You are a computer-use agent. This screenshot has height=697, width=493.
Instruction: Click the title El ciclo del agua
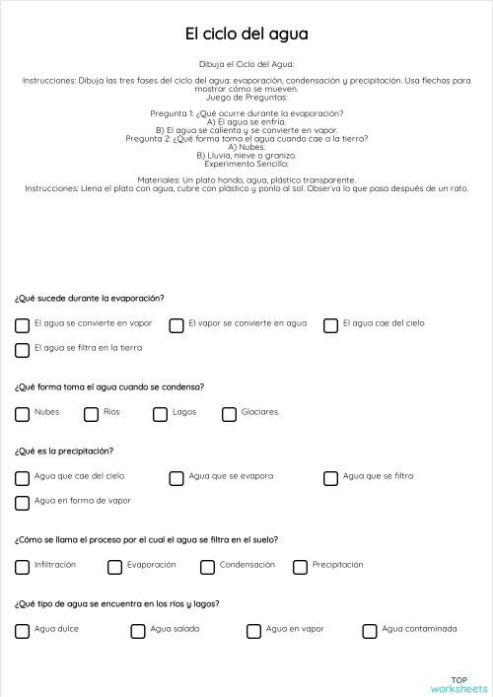246,35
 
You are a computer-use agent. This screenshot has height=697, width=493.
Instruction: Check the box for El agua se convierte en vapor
22,324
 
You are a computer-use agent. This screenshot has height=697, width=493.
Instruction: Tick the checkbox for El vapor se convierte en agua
176,324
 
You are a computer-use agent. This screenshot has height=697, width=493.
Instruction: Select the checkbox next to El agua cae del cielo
331,324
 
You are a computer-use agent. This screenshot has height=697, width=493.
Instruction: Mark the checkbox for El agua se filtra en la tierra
22,350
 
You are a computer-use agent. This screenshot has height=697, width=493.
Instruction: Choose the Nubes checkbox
22,414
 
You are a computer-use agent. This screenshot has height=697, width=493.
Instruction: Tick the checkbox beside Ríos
91,414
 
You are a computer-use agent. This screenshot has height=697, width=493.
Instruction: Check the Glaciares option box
230,414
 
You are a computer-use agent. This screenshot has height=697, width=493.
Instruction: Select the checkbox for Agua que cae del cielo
22,478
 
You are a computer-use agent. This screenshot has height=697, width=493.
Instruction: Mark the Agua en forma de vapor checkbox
22,503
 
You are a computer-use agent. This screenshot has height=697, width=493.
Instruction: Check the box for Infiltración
22,567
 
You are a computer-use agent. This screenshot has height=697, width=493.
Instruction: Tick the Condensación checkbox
207,567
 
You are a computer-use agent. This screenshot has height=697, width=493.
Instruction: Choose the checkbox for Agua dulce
22,631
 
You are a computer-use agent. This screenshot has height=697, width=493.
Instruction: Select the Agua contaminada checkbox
370,631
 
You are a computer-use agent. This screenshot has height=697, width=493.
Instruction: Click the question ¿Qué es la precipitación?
64,451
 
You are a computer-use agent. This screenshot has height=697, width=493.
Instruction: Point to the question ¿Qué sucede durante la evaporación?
89,298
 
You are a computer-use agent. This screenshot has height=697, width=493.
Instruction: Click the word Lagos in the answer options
184,412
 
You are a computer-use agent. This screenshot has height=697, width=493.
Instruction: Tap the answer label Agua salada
176,628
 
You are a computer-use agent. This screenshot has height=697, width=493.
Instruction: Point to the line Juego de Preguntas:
246,98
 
